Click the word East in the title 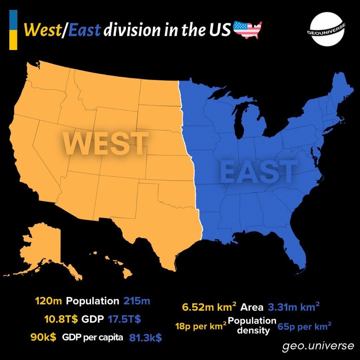pyautogui.click(x=84, y=30)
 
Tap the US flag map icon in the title pyautogui.click(x=247, y=30)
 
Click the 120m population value pyautogui.click(x=49, y=301)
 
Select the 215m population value pyautogui.click(x=137, y=301)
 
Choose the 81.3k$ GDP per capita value pyautogui.click(x=146, y=337)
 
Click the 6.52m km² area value pyautogui.click(x=209, y=307)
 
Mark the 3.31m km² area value pyautogui.click(x=294, y=307)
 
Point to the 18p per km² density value pyautogui.click(x=201, y=326)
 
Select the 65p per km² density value pyautogui.click(x=304, y=326)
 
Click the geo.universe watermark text pyautogui.click(x=318, y=346)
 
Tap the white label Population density pyautogui.click(x=252, y=326)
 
